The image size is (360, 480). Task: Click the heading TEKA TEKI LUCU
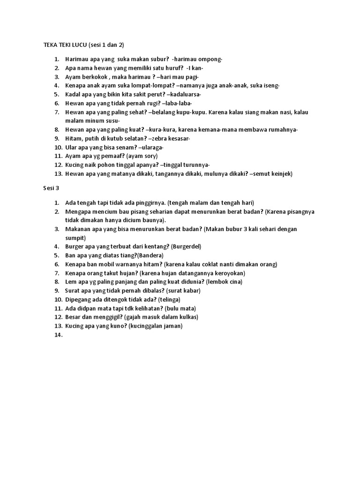[x=60, y=45]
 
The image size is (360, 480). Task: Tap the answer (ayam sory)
[x=141, y=156]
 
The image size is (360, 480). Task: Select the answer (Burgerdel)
[x=186, y=247]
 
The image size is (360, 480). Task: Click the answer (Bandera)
[x=149, y=255]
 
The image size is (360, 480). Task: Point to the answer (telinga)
[x=169, y=300]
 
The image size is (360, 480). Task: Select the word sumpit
[x=75, y=238]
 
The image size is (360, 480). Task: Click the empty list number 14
[x=58, y=335]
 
